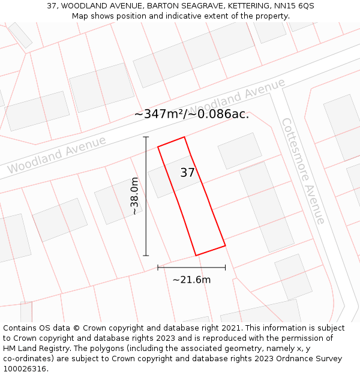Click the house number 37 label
pyautogui.click(x=187, y=173)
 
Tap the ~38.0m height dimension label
pyautogui.click(x=135, y=196)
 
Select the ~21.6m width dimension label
pyautogui.click(x=191, y=280)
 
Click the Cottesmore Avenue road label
pyautogui.click(x=304, y=170)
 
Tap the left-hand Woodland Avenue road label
pyautogui.click(x=56, y=155)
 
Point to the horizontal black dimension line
pyautogui.click(x=191, y=268)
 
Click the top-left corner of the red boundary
pyautogui.click(x=158, y=146)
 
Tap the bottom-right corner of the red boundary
pyautogui.click(x=225, y=245)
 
